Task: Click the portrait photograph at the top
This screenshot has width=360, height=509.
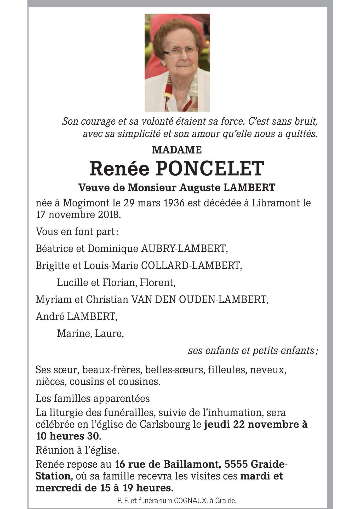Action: click(x=177, y=62)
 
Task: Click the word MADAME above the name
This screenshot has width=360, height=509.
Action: click(x=177, y=150)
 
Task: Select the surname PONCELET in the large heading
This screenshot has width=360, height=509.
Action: click(x=210, y=169)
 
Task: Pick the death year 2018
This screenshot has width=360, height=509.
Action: click(x=109, y=215)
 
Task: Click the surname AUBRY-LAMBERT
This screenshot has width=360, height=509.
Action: click(x=184, y=248)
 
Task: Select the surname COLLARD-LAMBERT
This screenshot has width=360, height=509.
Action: click(x=191, y=265)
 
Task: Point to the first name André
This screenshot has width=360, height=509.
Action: click(x=50, y=316)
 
